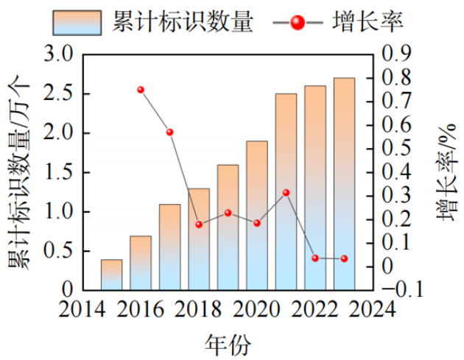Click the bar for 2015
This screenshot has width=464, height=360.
click(111, 275)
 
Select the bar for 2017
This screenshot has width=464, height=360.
click(169, 247)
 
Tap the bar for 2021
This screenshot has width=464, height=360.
click(286, 191)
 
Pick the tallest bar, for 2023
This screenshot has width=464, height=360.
click(344, 184)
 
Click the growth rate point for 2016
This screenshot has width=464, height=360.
click(141, 90)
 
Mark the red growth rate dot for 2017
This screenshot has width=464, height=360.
click(169, 133)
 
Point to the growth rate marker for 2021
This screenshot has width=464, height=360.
click(286, 193)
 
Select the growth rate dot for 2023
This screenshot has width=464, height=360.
click(344, 258)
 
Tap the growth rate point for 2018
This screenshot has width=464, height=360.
click(199, 225)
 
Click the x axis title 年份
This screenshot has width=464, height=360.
click(227, 342)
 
